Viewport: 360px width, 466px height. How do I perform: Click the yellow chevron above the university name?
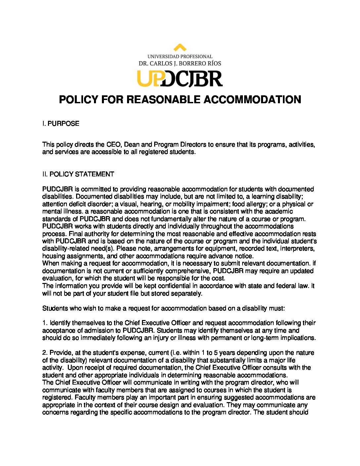click(180, 47)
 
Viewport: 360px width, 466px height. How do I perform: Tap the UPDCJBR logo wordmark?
click(180, 78)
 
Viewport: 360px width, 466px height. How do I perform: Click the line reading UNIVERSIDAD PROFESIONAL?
click(180, 57)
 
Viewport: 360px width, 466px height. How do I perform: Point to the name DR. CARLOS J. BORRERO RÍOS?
click(180, 63)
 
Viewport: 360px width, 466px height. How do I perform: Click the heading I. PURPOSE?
click(61, 124)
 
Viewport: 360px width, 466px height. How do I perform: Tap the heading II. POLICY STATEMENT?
click(78, 174)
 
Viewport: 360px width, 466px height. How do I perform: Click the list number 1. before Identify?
click(45, 323)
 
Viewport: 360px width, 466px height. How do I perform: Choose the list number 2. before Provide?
click(45, 352)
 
